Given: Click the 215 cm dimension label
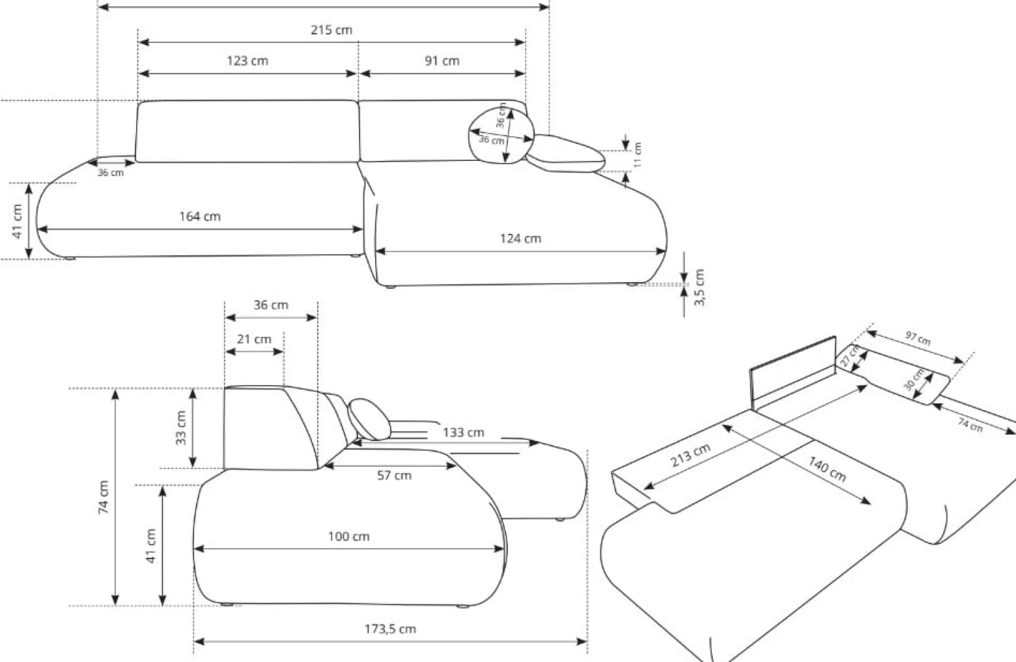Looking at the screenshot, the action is tap(331, 30).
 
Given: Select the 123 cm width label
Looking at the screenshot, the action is tap(247, 61).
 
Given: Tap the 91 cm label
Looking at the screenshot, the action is tap(442, 61).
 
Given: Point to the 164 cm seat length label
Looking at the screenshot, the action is tap(199, 216).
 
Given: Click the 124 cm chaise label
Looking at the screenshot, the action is tap(520, 238).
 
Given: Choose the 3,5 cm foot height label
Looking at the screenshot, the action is tap(699, 287).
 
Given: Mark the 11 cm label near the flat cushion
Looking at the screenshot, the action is tap(637, 154).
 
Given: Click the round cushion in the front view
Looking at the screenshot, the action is tap(501, 136).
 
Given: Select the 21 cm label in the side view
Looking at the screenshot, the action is tap(254, 339).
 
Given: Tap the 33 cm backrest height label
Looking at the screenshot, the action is tap(180, 428).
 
